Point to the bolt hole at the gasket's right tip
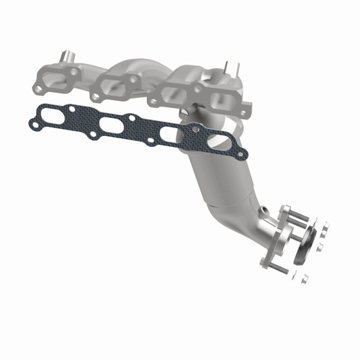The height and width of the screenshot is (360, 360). (243, 153)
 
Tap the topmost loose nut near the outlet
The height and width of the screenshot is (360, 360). (322, 225)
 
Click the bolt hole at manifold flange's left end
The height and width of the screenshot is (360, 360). (37, 88)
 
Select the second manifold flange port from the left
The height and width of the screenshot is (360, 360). (115, 85)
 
